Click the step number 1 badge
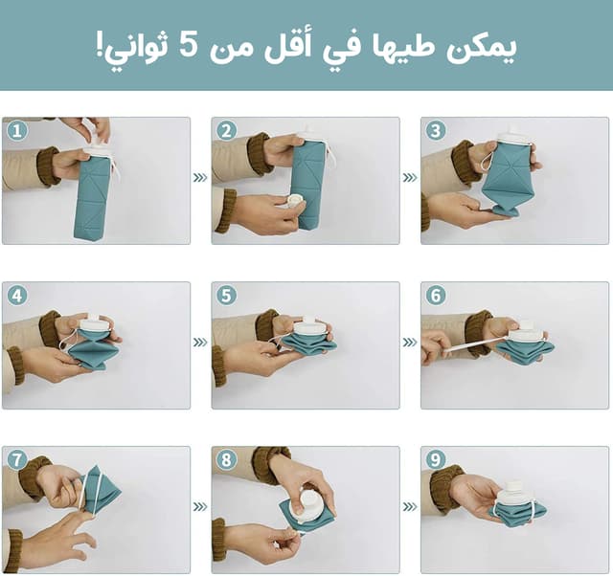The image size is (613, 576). click(x=16, y=131)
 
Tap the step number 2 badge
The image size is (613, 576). click(x=226, y=131)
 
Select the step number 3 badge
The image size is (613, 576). click(x=436, y=131)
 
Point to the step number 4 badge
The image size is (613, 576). click(x=16, y=296)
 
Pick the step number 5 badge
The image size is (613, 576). click(x=226, y=296)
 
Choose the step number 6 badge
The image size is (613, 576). click(x=436, y=296)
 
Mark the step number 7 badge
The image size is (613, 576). click(x=16, y=460)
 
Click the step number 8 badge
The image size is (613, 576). click(x=226, y=460)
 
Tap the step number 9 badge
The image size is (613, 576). click(x=436, y=460)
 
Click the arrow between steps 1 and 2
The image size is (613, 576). click(x=200, y=178)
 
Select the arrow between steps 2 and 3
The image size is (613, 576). click(x=410, y=178)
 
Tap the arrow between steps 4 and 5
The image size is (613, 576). click(x=200, y=342)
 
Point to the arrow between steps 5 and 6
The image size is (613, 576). click(x=410, y=342)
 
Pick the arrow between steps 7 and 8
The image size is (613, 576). click(x=200, y=506)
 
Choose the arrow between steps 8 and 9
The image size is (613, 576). click(x=410, y=506)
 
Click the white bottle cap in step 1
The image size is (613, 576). click(x=98, y=150)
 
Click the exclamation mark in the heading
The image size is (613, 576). click(x=99, y=45)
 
